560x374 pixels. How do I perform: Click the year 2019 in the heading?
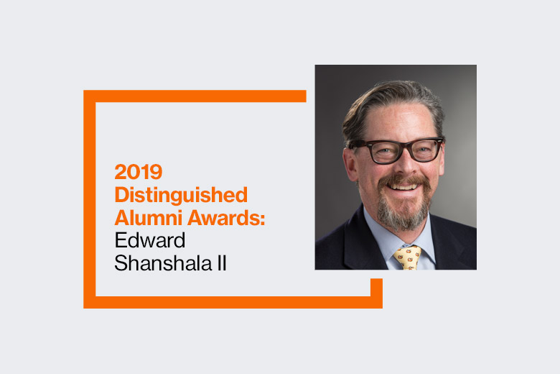139,172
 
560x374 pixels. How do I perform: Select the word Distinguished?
181,196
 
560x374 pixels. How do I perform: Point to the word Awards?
224,218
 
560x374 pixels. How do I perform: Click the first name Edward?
150,240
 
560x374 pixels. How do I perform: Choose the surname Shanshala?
163,263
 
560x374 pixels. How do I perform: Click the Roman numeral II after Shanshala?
222,263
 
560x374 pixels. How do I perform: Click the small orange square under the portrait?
376,287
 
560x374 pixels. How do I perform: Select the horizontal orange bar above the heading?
195,96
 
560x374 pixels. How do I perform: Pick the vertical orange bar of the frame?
90,199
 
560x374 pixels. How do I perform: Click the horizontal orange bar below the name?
233,302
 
